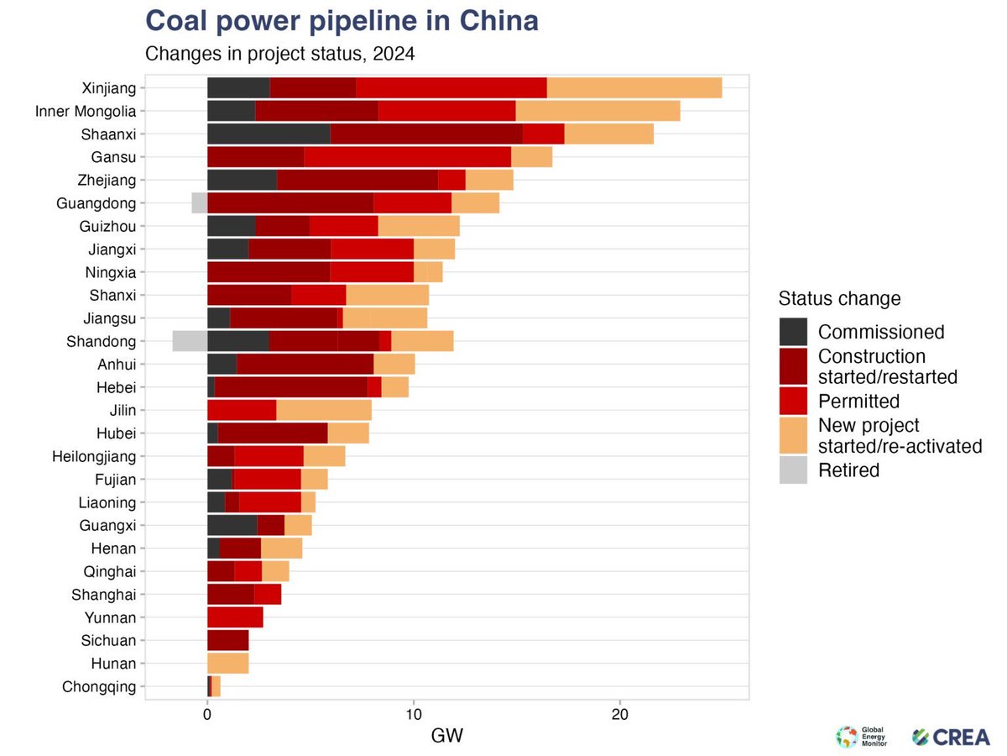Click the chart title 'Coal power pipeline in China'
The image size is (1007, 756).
point(342,21)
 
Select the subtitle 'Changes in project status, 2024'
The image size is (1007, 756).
point(280,55)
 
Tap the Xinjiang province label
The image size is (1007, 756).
point(108,87)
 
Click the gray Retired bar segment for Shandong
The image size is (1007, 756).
point(190,341)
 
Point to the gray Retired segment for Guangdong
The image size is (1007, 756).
point(199,202)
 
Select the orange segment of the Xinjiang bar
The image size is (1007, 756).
point(634,87)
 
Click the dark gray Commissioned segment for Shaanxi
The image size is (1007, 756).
point(269,134)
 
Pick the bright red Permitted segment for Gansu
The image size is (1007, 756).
point(407,156)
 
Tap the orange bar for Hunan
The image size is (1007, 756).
point(227,664)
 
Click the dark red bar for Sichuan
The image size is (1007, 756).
point(227,640)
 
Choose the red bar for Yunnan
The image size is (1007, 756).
point(235,617)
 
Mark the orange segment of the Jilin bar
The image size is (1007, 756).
point(323,410)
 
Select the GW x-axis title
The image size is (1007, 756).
point(446,736)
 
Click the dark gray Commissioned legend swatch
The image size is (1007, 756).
point(793,332)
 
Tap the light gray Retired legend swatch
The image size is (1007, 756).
point(793,470)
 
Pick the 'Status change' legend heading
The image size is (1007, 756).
point(839,298)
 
